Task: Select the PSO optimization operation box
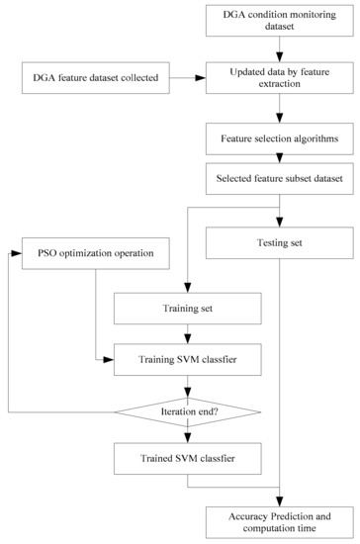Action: pos(95,254)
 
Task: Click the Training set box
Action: pos(188,311)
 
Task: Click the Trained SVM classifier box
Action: pos(188,459)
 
